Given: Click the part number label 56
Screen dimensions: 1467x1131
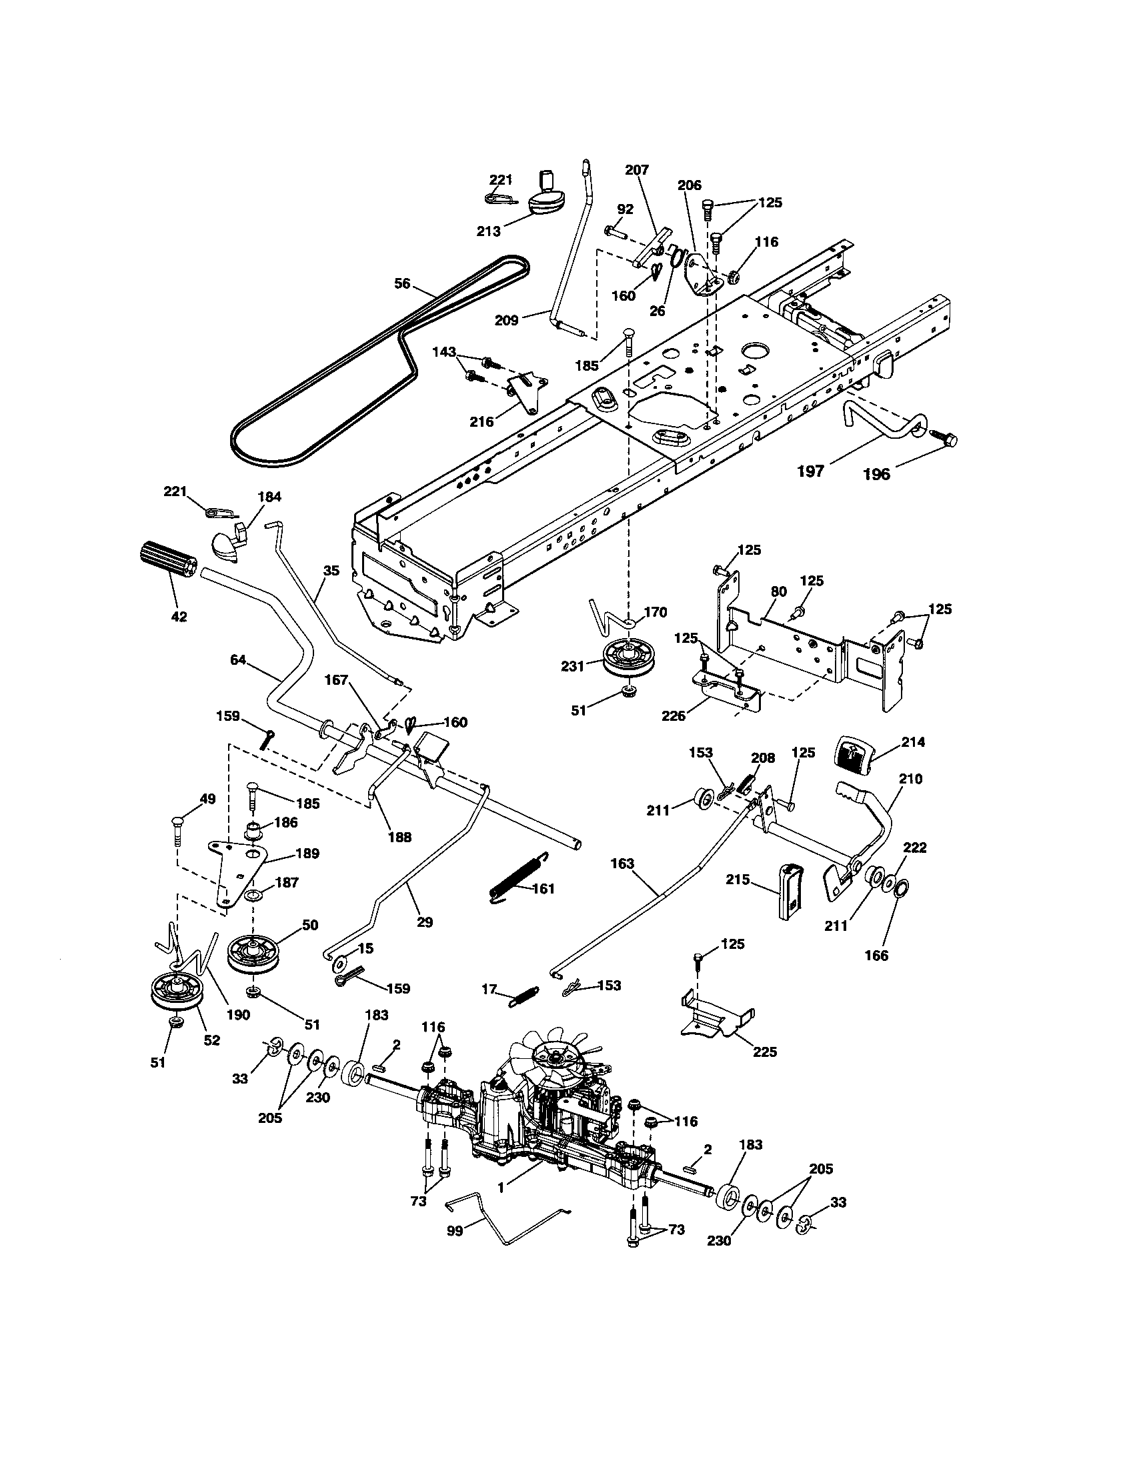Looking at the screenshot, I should (402, 284).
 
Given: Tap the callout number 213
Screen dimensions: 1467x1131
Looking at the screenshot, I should (489, 231).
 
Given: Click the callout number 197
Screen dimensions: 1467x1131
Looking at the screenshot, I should (811, 471).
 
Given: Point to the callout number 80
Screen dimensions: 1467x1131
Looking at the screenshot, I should (778, 591).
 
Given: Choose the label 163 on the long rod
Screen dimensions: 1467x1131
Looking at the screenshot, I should (622, 863).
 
